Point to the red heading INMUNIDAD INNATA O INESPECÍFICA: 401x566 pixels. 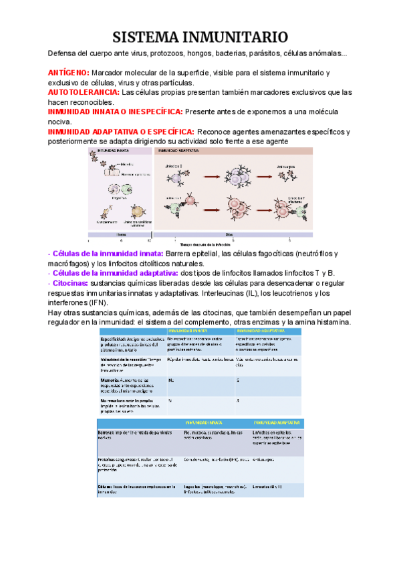tap(115, 112)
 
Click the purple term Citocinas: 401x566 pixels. tap(69, 284)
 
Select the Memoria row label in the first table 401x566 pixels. tap(109, 379)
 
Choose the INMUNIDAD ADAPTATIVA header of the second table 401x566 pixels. tap(277, 423)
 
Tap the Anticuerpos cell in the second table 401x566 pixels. tap(267, 460)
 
